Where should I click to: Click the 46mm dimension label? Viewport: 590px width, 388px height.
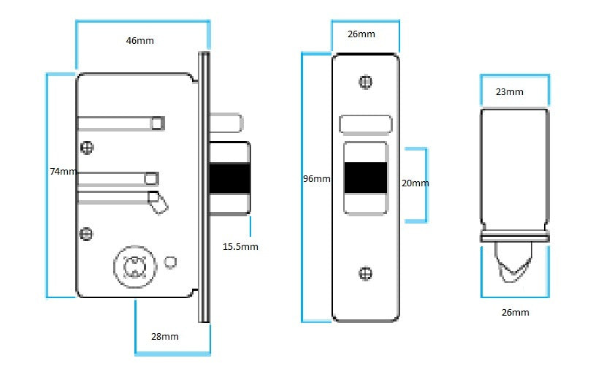tap(140, 41)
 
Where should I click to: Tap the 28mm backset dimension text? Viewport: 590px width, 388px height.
tap(165, 336)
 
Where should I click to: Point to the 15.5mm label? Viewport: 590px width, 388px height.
tap(240, 246)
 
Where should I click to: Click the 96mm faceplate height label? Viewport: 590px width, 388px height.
tap(316, 179)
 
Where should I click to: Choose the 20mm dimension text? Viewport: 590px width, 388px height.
tap(415, 183)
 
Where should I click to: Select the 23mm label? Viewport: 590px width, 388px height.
tap(509, 92)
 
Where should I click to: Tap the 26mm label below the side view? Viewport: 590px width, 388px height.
tap(515, 312)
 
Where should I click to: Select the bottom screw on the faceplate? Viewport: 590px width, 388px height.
tap(366, 273)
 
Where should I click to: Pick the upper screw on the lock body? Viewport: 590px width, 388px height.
tap(88, 147)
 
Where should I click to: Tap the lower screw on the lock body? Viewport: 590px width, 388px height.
tap(86, 234)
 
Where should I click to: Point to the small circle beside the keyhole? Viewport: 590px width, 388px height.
tap(171, 262)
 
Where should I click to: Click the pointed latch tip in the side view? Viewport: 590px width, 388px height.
tap(514, 272)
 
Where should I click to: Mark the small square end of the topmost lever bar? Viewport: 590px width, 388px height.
tap(157, 123)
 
